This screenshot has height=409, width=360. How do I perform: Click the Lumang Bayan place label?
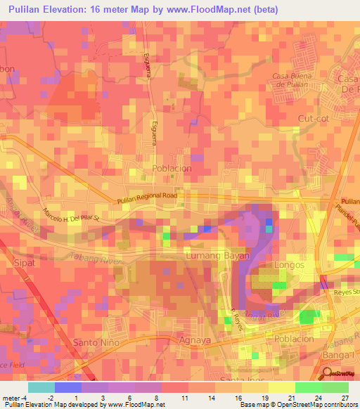pyautogui.click(x=217, y=257)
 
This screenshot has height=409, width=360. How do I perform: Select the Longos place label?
pyautogui.click(x=291, y=265)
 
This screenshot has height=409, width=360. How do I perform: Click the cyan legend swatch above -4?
pyautogui.click(x=41, y=387)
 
